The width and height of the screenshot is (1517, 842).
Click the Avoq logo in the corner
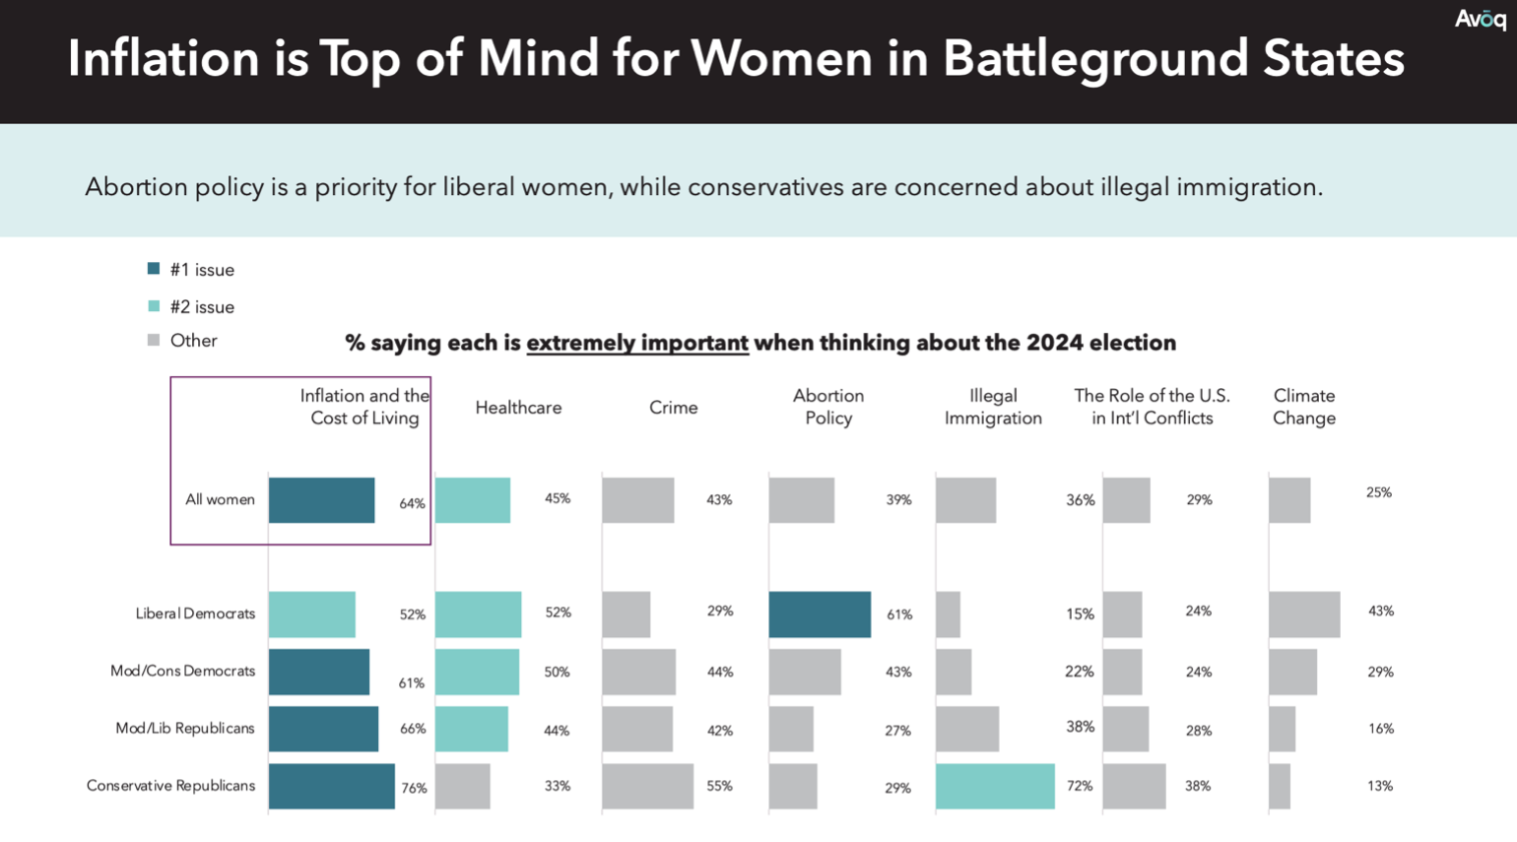(1480, 20)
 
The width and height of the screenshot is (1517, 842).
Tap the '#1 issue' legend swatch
(154, 268)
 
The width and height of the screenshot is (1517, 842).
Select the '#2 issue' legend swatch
(154, 306)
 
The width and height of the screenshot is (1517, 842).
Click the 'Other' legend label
(193, 341)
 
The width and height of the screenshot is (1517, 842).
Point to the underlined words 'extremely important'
(636, 343)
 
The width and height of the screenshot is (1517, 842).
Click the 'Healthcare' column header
(518, 408)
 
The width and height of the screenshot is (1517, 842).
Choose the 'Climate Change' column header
(1303, 407)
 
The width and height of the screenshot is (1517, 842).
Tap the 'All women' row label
(220, 499)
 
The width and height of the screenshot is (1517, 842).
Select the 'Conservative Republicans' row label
(170, 786)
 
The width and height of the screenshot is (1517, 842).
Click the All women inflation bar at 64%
(321, 499)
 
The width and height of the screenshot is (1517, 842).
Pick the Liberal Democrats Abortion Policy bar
(820, 615)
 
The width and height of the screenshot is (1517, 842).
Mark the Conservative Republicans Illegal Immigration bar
(995, 786)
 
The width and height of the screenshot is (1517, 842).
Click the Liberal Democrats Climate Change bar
(1304, 615)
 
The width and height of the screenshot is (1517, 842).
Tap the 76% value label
(414, 788)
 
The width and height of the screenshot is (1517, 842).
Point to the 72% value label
(1080, 786)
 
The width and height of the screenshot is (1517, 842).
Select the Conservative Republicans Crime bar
(647, 786)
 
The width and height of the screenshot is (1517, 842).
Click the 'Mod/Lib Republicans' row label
(185, 729)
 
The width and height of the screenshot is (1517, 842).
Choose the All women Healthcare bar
(473, 499)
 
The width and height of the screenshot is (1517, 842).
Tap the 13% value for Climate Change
(1380, 786)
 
